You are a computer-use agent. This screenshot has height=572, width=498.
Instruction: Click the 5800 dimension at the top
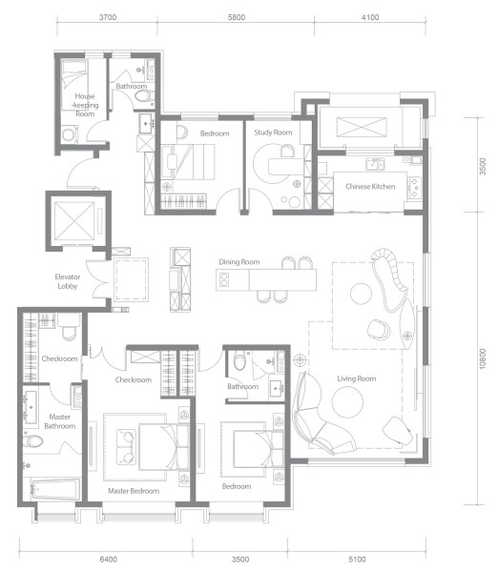pos(237,17)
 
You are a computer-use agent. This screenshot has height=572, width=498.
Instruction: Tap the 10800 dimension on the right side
pos(483,359)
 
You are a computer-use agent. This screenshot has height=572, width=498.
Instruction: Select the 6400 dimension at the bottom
pos(109,559)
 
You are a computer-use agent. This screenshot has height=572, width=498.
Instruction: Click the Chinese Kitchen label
pos(370,187)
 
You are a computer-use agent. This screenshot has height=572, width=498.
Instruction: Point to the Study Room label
pos(273,133)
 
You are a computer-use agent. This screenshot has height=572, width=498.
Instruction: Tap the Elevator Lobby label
pos(68,281)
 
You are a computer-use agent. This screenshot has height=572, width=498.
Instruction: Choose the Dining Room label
pos(239,262)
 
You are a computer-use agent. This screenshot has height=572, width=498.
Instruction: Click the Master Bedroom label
pos(134,491)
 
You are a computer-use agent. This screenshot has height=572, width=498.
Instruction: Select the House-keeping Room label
pos(85,105)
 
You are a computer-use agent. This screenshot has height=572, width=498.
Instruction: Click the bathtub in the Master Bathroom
pos(55,489)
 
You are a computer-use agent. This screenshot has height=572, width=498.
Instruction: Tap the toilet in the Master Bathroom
pos(33,440)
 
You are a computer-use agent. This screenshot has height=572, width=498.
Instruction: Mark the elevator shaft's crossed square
pos(74,221)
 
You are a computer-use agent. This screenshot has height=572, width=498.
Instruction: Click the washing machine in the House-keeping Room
pos(69,134)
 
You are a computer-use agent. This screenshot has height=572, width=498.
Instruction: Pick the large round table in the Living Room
pos(347,402)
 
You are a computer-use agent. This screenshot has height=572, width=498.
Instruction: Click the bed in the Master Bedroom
pos(164,447)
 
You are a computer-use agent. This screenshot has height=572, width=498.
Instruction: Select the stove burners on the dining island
pos(224,280)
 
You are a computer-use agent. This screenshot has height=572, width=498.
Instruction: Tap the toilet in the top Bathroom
pos(145,96)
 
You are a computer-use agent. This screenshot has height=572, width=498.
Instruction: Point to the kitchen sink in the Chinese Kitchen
pos(375,165)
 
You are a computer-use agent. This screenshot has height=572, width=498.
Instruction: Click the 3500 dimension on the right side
pos(483,166)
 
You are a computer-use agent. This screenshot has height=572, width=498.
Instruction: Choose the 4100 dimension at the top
pos(370,17)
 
